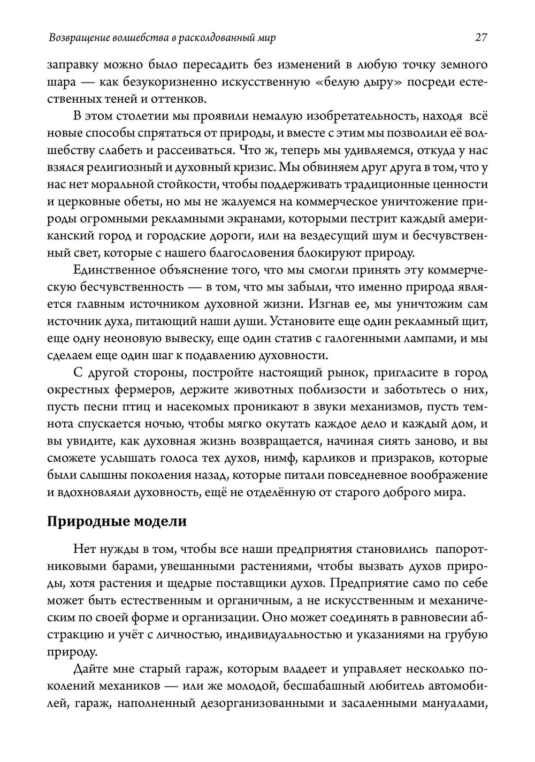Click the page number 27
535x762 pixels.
tap(480, 38)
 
